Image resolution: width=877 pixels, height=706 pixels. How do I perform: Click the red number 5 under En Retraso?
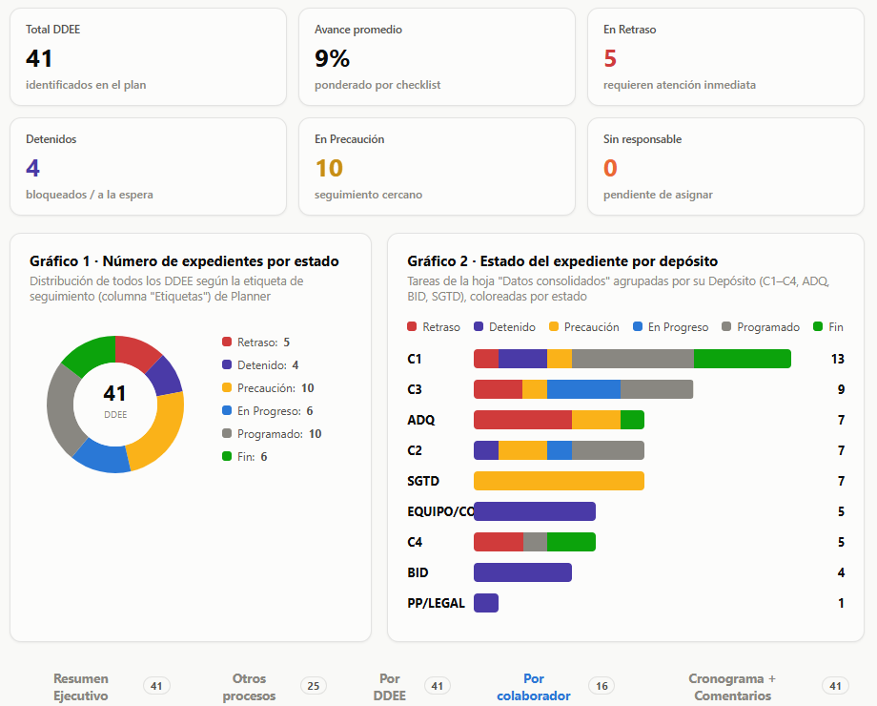tap(610, 58)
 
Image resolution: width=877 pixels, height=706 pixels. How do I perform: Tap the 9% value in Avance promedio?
tap(333, 58)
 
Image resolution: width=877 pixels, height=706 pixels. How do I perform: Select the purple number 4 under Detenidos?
tap(32, 168)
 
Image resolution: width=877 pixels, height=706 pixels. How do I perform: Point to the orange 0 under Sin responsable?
tap(610, 168)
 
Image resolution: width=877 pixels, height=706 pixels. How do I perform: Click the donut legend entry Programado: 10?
tap(272, 434)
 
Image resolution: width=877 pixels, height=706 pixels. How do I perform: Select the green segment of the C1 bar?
tap(743, 359)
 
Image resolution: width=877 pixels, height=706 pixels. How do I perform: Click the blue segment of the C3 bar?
tap(584, 389)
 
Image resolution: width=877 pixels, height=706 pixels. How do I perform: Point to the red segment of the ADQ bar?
tap(523, 420)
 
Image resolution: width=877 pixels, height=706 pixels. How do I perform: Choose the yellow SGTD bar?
tap(559, 481)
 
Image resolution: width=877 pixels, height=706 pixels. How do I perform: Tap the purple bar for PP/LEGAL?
tap(486, 603)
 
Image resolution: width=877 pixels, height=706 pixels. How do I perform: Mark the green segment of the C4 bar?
tap(571, 542)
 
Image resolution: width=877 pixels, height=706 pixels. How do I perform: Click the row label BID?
tap(418, 572)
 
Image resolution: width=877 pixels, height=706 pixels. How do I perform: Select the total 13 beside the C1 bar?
tap(837, 359)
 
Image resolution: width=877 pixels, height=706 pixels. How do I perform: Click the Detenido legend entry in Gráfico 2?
tap(504, 327)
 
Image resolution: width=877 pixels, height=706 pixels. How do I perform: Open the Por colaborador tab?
tap(534, 687)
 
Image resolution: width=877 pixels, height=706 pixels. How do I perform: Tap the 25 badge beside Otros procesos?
tap(314, 686)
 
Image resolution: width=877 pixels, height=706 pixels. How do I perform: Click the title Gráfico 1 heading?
tap(184, 260)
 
